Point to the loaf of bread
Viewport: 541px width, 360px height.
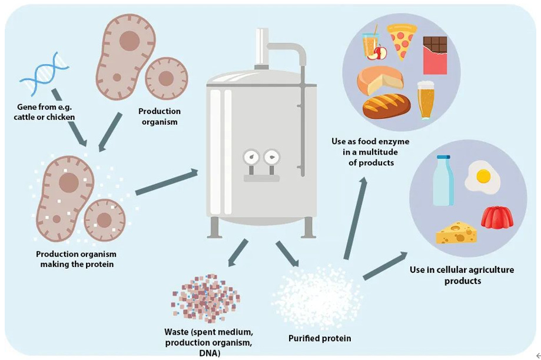coord(386,106)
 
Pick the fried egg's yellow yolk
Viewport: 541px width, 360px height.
coord(483,176)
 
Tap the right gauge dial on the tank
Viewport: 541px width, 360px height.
coord(271,156)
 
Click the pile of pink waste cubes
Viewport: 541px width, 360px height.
coord(205,298)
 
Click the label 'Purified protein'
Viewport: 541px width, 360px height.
coord(320,338)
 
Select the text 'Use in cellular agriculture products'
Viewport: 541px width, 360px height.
coord(462,275)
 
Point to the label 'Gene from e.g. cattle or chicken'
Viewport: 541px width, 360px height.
coord(46,112)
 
